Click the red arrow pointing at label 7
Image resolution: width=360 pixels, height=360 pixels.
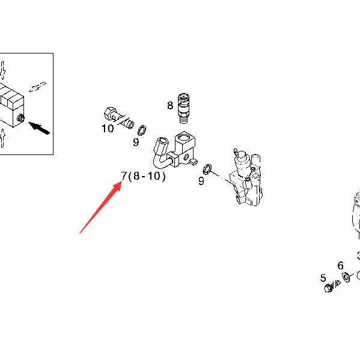(101, 207)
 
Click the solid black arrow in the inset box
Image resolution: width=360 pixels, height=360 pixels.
(39, 128)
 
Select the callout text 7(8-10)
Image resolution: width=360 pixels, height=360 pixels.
(143, 176)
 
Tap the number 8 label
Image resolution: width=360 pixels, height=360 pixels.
(170, 105)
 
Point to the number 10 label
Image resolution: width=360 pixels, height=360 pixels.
(108, 129)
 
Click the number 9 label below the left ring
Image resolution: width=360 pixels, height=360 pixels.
(136, 142)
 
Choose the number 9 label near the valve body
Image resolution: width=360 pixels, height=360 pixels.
(201, 181)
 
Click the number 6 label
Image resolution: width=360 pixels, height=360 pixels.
(341, 266)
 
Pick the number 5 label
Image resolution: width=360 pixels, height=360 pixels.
(323, 278)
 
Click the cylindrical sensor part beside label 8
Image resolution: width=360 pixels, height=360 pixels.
(183, 108)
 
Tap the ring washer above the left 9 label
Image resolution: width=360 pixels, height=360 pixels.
(142, 130)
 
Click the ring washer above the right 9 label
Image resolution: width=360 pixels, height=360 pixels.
(207, 169)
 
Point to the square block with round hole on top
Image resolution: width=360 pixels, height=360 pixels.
(185, 148)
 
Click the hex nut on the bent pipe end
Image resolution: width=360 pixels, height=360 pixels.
(162, 146)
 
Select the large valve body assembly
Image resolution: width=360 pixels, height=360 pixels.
(247, 178)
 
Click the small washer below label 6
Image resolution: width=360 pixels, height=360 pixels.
(346, 276)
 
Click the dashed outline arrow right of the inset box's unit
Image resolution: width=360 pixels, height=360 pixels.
(37, 87)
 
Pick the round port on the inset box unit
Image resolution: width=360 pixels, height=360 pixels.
(20, 118)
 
